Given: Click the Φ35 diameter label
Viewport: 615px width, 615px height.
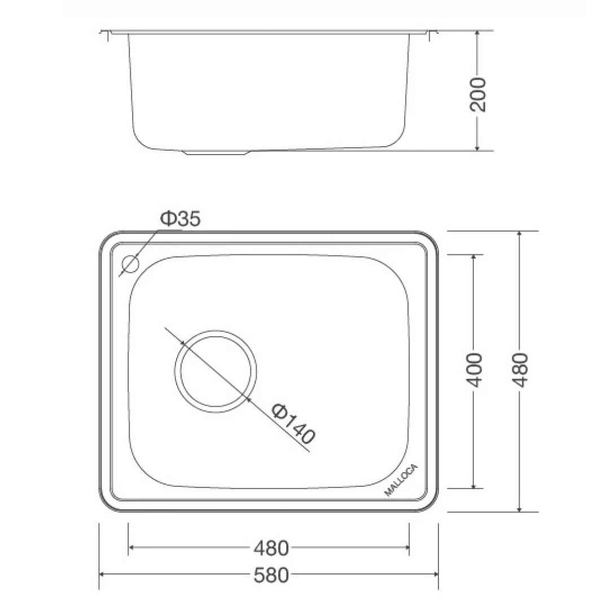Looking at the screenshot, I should tap(180, 219).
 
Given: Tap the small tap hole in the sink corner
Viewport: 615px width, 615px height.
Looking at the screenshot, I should tap(130, 264).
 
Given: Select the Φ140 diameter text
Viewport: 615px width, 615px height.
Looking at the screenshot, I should tap(292, 423).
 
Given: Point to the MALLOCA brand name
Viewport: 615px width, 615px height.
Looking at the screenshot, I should tap(401, 481).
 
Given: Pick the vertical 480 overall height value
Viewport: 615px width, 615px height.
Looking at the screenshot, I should tap(520, 370).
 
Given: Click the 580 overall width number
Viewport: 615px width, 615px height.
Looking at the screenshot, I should tap(271, 575).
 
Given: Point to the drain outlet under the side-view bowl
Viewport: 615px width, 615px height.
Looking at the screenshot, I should tap(217, 152).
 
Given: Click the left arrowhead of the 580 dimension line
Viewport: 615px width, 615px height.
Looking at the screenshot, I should tap(103, 574).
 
